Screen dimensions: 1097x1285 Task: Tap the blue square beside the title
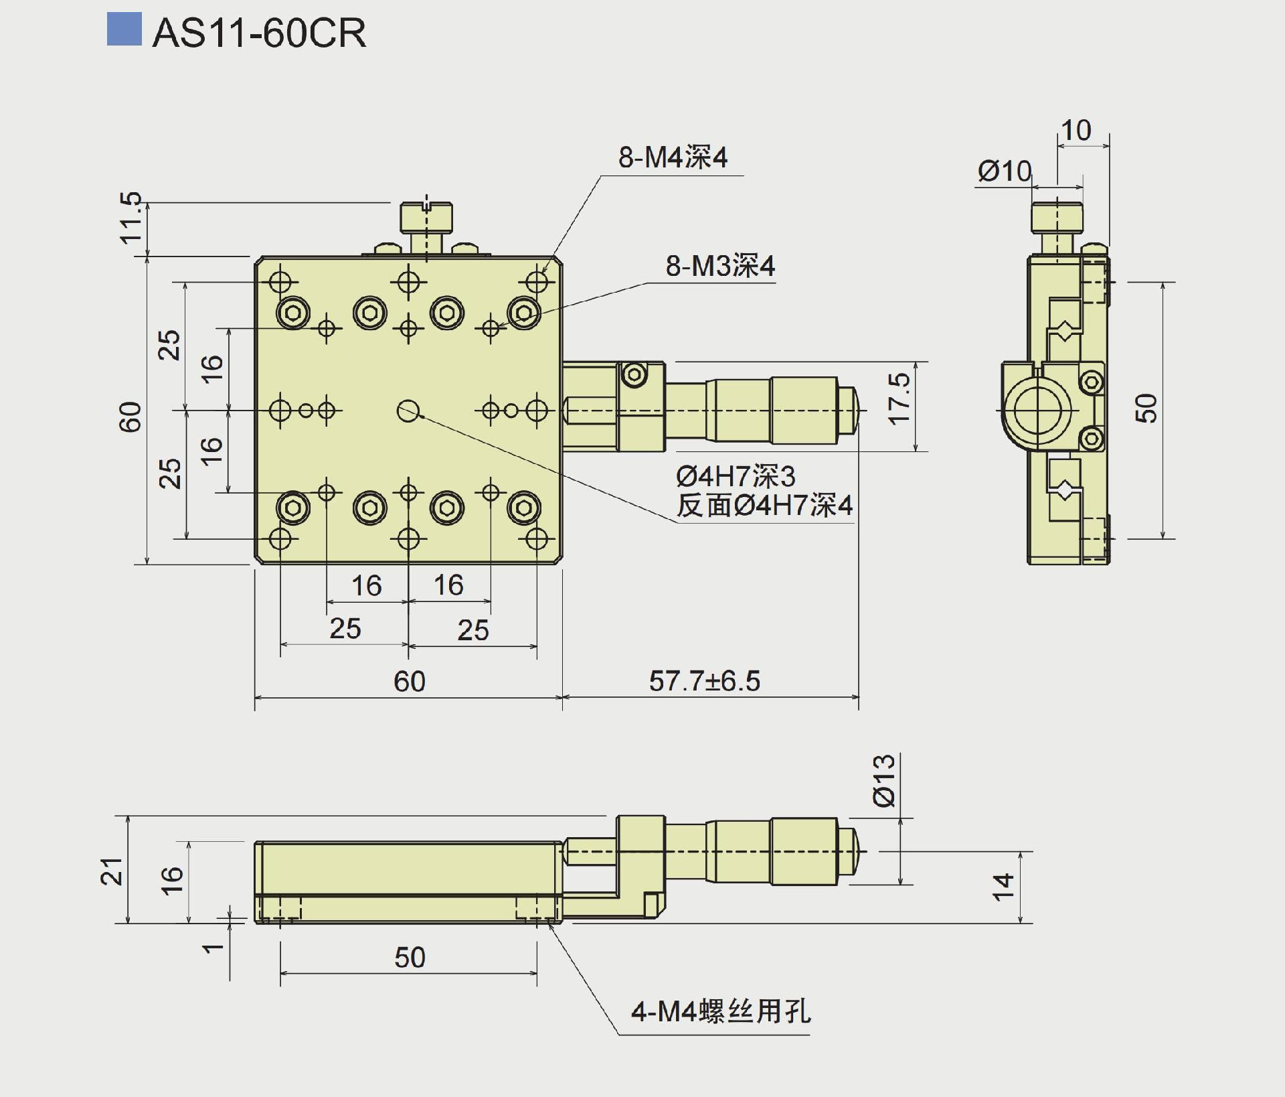[x=124, y=29]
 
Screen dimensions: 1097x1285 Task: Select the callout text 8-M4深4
[x=672, y=158]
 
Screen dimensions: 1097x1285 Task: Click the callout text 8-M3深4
[x=720, y=267]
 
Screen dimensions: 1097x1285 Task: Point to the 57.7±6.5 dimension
[x=705, y=681]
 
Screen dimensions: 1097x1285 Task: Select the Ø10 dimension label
[x=1005, y=171]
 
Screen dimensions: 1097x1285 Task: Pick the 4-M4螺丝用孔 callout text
[x=721, y=1011]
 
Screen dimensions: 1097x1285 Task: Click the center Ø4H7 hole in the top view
[x=408, y=410]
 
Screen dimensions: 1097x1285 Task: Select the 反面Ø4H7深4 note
[x=764, y=506]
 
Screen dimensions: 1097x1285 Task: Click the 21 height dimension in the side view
[x=112, y=871]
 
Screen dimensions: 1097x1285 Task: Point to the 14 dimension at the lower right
[x=1003, y=887]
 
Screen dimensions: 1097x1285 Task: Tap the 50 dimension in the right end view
[x=1146, y=408]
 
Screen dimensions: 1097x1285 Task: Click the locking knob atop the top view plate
[x=426, y=218]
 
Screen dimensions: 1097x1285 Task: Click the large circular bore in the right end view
[x=1037, y=409]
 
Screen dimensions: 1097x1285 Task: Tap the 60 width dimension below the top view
[x=409, y=682]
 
